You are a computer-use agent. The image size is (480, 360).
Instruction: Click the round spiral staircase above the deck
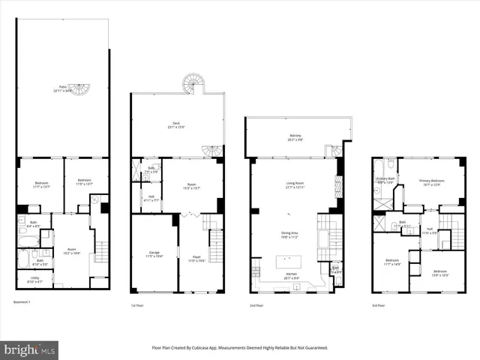[196, 82]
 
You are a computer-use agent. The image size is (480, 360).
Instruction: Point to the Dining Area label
[289, 234]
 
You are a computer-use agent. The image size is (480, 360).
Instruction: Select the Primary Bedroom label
[431, 181]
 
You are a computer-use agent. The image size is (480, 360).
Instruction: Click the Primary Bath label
[385, 180]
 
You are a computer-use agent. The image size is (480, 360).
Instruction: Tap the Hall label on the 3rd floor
[430, 230]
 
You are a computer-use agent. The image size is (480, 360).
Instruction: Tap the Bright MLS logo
[30, 349]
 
